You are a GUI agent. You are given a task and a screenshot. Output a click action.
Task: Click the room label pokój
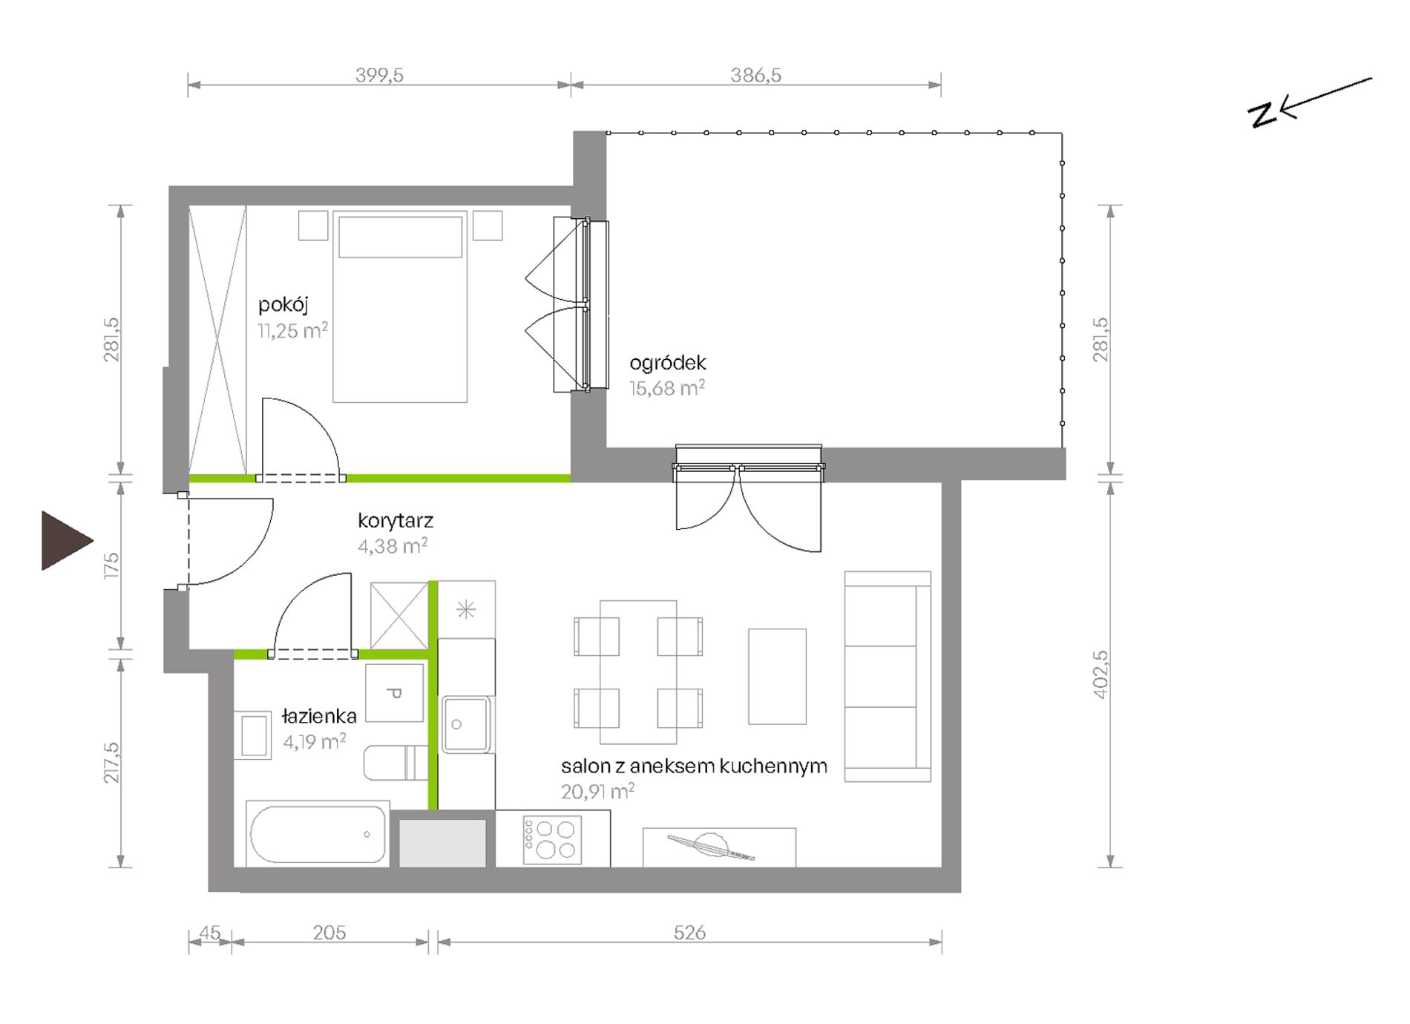click(x=283, y=304)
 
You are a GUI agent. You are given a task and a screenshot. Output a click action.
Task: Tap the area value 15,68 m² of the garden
click(x=667, y=388)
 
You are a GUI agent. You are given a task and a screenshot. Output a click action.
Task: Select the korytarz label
click(x=396, y=521)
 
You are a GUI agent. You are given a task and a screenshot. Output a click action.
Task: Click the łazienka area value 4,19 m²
click(x=315, y=741)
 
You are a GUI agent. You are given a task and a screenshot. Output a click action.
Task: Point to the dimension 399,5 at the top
click(x=379, y=75)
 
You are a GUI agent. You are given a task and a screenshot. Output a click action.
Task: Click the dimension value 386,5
click(x=755, y=75)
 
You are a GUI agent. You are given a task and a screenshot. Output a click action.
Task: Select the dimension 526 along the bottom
click(x=689, y=933)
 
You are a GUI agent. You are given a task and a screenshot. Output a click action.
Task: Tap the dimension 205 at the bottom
click(x=329, y=933)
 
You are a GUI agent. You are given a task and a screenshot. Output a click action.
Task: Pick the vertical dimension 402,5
click(x=1101, y=674)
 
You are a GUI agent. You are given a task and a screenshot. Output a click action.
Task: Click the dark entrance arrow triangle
click(x=64, y=540)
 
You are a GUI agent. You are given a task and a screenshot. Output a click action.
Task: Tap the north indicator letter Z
click(x=1262, y=115)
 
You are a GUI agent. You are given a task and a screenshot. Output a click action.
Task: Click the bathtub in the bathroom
click(x=317, y=834)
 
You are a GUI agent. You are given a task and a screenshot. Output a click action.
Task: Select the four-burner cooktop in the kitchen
click(x=552, y=840)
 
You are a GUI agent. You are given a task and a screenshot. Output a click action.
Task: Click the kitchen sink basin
click(x=467, y=724)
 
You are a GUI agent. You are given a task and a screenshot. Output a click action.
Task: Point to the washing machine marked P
click(x=395, y=693)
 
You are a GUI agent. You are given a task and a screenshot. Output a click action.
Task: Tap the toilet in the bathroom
click(x=396, y=763)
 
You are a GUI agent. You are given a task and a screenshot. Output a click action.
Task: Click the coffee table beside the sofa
click(x=777, y=677)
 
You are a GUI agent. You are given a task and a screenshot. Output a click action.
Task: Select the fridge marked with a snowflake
click(x=466, y=610)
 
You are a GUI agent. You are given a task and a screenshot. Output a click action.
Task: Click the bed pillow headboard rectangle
click(x=400, y=237)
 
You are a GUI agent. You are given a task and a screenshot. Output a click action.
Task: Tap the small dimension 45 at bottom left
click(x=210, y=933)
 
